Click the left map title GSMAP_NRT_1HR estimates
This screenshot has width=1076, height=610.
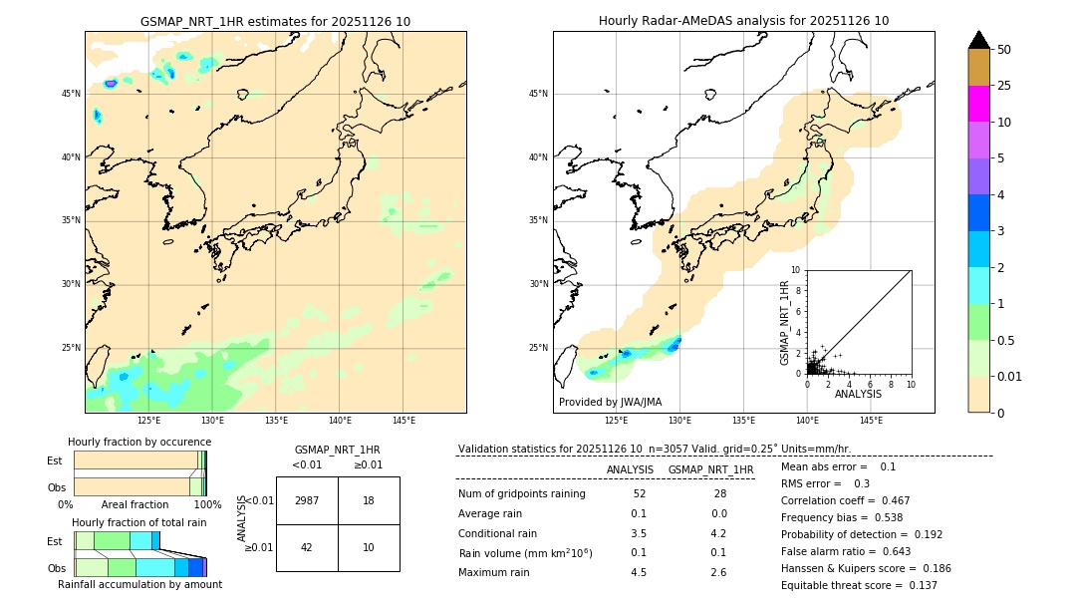click(x=275, y=21)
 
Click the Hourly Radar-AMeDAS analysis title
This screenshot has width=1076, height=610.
click(x=743, y=21)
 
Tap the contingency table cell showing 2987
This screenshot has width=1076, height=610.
click(x=307, y=500)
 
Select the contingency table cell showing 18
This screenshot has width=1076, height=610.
click(x=369, y=500)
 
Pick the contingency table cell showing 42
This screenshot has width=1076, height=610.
click(x=307, y=547)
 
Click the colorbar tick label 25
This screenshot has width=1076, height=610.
click(x=1004, y=86)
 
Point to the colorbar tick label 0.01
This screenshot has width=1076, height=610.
click(x=1010, y=376)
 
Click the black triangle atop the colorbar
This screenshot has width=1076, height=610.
click(x=979, y=40)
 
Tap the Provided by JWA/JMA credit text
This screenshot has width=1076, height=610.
click(x=610, y=402)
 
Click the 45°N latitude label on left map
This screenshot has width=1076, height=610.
click(x=71, y=94)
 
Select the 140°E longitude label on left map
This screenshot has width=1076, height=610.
click(x=340, y=421)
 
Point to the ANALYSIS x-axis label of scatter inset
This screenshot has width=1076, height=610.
click(x=858, y=394)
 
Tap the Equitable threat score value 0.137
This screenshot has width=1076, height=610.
click(x=916, y=585)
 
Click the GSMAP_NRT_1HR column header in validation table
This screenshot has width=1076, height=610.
click(x=710, y=469)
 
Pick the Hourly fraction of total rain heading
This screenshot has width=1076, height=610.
click(x=138, y=522)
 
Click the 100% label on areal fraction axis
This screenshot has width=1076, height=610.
click(x=207, y=504)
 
